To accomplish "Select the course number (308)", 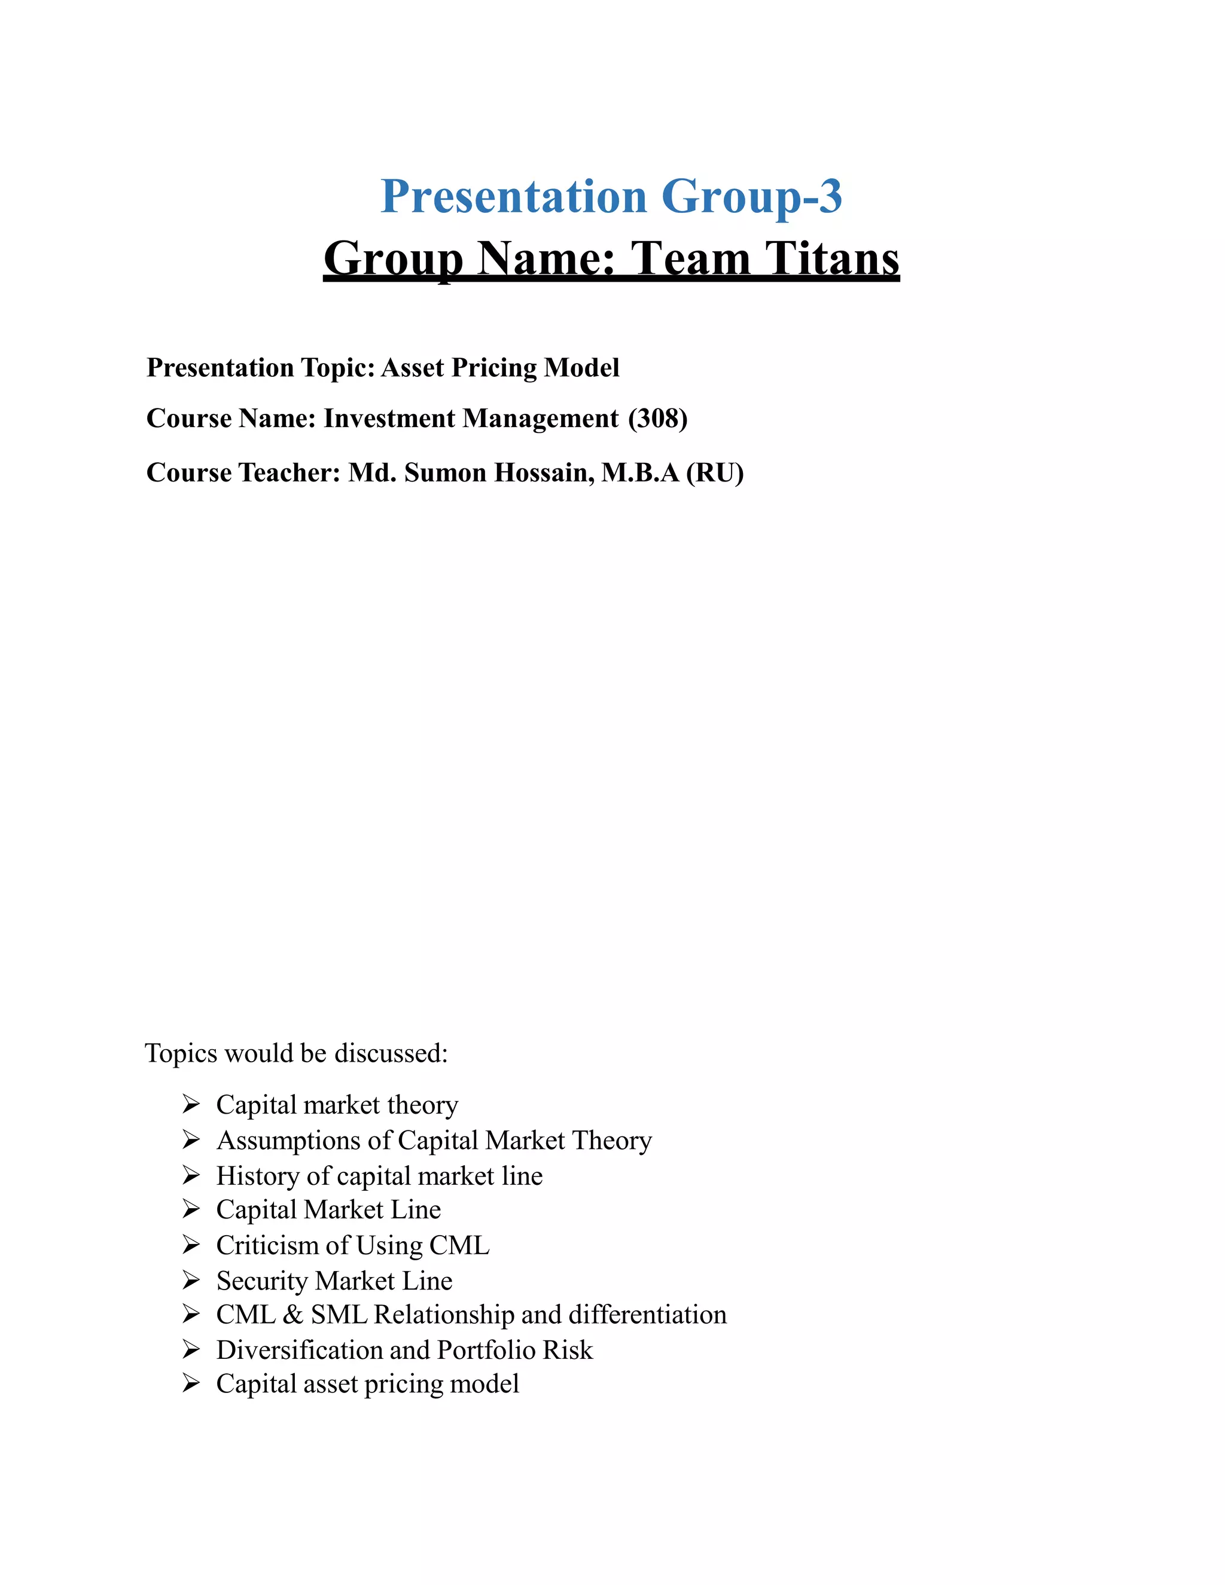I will tap(658, 419).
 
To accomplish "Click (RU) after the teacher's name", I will tap(715, 473).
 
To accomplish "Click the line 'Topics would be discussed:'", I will tap(296, 1053).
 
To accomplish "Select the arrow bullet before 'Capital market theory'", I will tap(191, 1105).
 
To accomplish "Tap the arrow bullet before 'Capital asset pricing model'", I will tap(191, 1384).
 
